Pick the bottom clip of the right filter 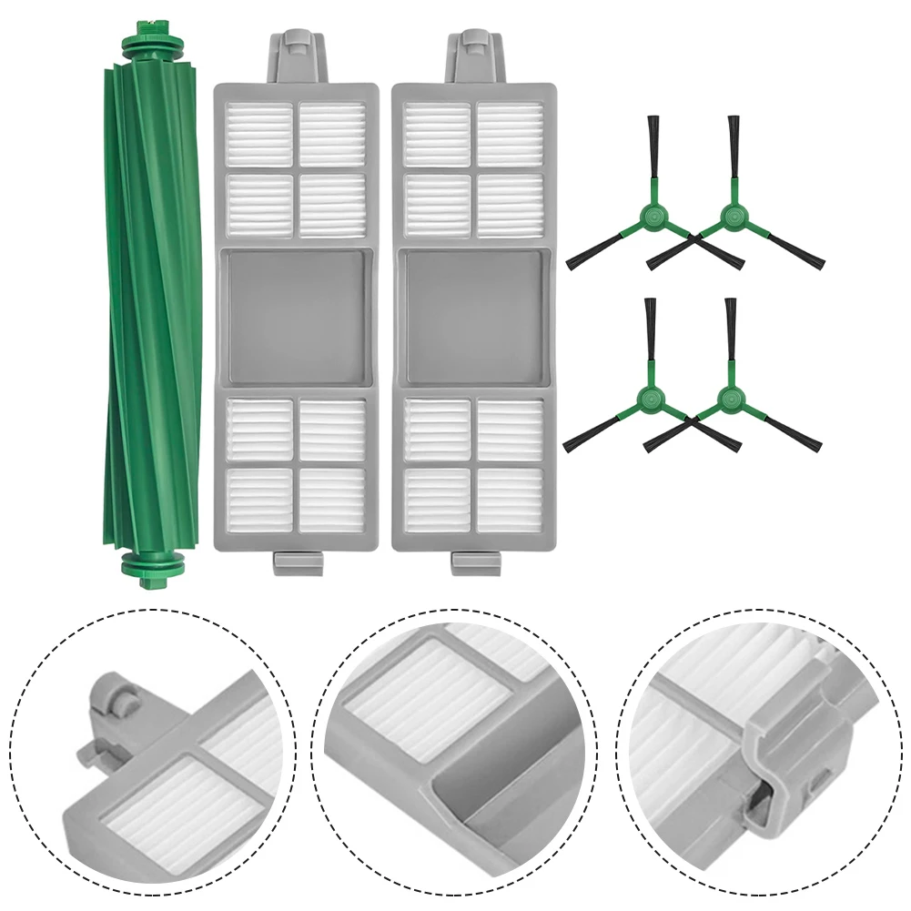(475, 562)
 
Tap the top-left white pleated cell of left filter (259, 134)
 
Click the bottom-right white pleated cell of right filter (511, 500)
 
